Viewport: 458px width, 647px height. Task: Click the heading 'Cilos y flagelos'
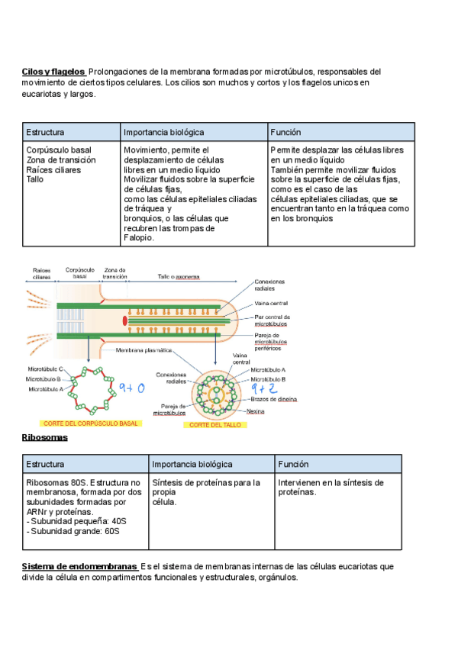tap(53, 72)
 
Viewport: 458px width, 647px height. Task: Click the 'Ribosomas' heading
tap(45, 438)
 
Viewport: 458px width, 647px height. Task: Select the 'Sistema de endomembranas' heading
tap(79, 567)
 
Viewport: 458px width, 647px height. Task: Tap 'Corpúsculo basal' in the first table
tap(59, 150)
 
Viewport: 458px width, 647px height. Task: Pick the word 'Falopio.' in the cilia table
tap(139, 237)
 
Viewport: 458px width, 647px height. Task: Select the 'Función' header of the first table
tap(285, 132)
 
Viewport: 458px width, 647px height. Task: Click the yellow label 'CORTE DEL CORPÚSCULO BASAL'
tap(91, 423)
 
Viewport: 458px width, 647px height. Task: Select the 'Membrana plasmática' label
tap(144, 350)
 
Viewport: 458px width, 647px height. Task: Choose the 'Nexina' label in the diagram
tap(256, 411)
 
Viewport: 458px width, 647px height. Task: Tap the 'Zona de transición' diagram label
tap(115, 272)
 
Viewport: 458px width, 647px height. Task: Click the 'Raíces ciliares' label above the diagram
tap(41, 273)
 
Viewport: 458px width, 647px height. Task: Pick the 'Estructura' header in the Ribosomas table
tap(45, 464)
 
